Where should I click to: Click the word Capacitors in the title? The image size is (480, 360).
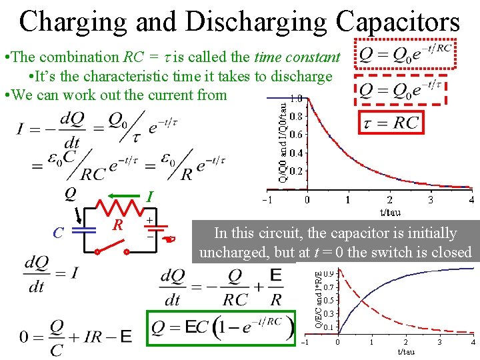(398, 21)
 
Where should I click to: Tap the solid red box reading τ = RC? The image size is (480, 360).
(390, 122)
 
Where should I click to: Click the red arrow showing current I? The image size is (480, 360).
(127, 196)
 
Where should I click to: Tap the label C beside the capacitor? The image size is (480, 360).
(59, 233)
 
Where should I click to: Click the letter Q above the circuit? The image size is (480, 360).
(69, 194)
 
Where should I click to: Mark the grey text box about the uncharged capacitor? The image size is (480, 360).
(335, 243)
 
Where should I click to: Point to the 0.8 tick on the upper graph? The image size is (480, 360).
(295, 116)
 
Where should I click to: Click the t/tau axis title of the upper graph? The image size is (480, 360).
(389, 212)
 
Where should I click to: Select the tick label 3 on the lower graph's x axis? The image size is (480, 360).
(439, 342)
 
